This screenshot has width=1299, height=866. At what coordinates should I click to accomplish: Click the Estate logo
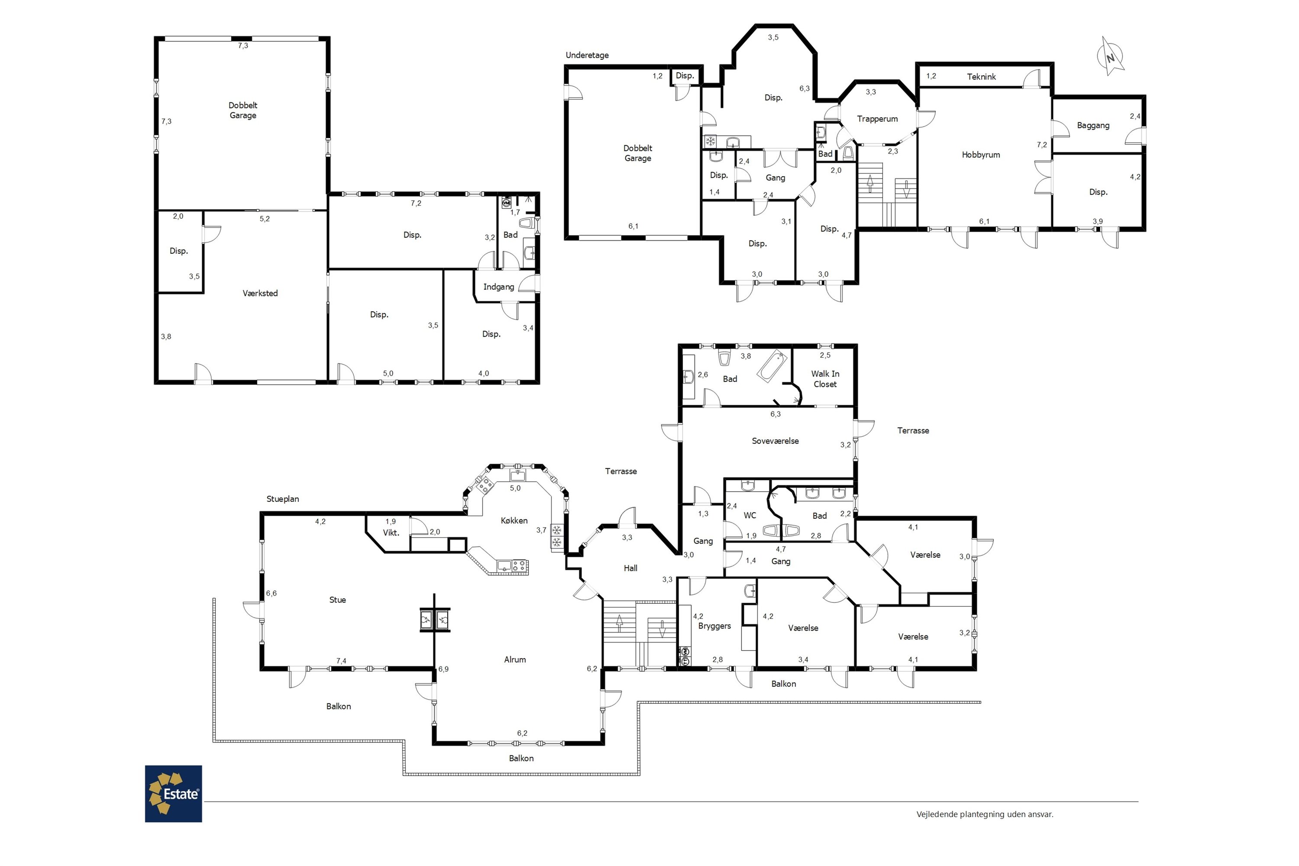[x=174, y=794]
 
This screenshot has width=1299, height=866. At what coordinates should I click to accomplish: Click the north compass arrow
[x=1111, y=56]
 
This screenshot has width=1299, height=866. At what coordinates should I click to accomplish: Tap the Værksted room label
[x=260, y=293]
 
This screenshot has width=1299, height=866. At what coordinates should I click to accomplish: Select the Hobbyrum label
[x=981, y=155]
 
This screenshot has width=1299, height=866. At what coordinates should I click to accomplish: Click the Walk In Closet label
[x=825, y=379]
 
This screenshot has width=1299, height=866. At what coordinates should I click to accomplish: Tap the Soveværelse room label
[x=775, y=441]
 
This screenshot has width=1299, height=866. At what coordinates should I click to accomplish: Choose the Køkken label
[x=514, y=521]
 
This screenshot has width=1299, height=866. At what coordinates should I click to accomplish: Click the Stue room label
[x=337, y=600]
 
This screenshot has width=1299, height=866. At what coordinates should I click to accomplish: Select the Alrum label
[x=515, y=659]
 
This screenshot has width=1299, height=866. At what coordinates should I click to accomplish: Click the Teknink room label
[x=982, y=77]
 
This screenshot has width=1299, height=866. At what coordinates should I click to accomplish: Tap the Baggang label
[x=1093, y=126]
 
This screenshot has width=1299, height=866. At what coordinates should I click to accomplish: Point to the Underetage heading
[x=587, y=55]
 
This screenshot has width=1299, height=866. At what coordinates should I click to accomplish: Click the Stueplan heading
[x=283, y=499]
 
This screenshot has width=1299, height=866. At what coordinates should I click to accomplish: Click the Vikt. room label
[x=391, y=533]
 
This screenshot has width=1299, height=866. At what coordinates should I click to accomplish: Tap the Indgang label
[x=499, y=287]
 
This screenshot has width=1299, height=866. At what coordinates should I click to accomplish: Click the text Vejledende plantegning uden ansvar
[x=985, y=814]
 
